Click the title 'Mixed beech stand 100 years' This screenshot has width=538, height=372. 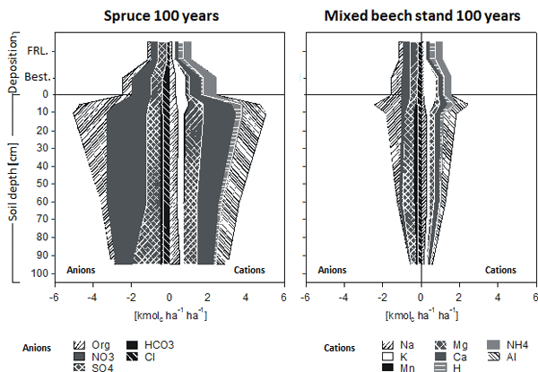[421, 15]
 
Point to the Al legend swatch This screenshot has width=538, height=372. [491, 357]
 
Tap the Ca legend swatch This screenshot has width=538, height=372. [440, 357]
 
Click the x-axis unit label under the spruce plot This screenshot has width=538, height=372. [169, 316]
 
